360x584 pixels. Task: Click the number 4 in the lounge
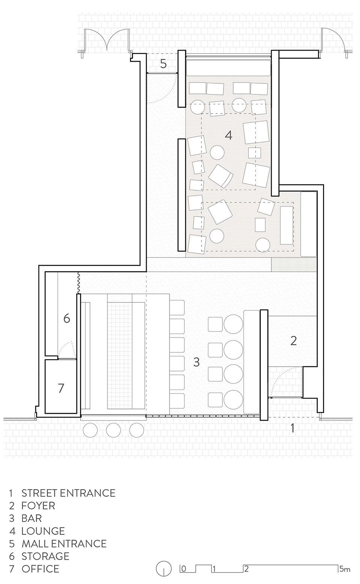[228, 135]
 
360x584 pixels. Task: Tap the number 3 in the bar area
[196, 362]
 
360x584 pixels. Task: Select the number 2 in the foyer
[294, 341]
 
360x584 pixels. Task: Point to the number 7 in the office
[61, 388]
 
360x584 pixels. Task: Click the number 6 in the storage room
[67, 319]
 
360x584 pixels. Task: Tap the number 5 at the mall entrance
[163, 64]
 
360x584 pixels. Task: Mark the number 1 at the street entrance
[293, 428]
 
